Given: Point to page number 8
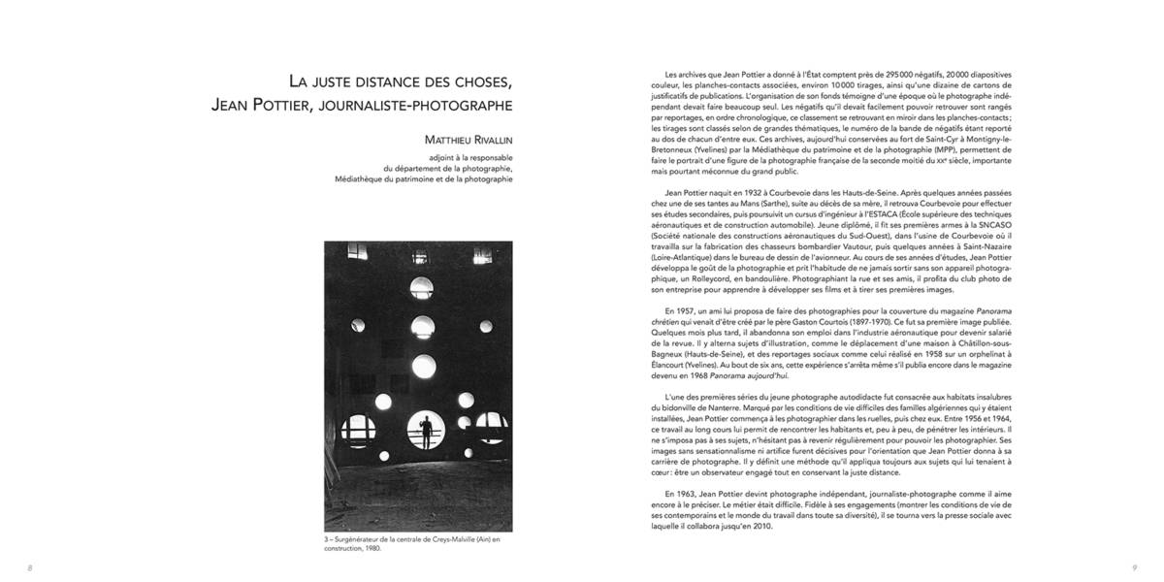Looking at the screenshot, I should point(30,567).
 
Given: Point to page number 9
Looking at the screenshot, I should point(1133,567).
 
